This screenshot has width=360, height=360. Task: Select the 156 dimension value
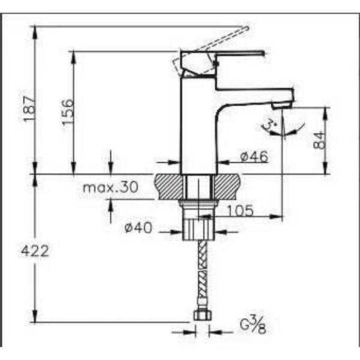[x=68, y=112]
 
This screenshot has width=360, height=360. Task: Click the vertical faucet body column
[x=199, y=126]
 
